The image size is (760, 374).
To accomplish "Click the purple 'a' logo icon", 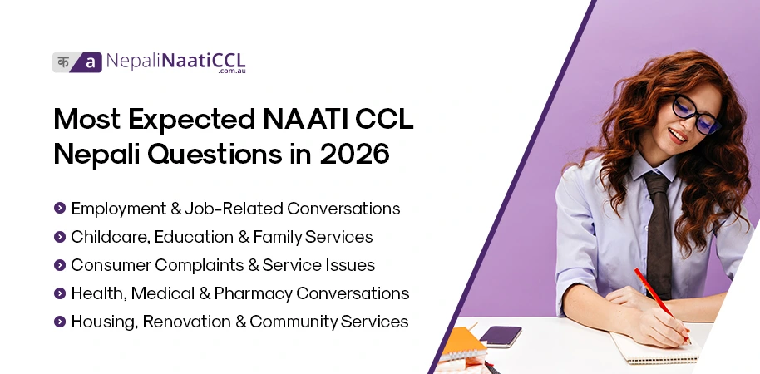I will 90,62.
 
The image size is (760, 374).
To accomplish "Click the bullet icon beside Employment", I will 59,208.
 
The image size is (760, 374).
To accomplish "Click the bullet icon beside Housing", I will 59,321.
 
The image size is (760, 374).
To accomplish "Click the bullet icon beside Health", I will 59,293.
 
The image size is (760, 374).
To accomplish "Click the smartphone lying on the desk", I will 501,336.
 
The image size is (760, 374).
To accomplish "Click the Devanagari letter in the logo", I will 64,62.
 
